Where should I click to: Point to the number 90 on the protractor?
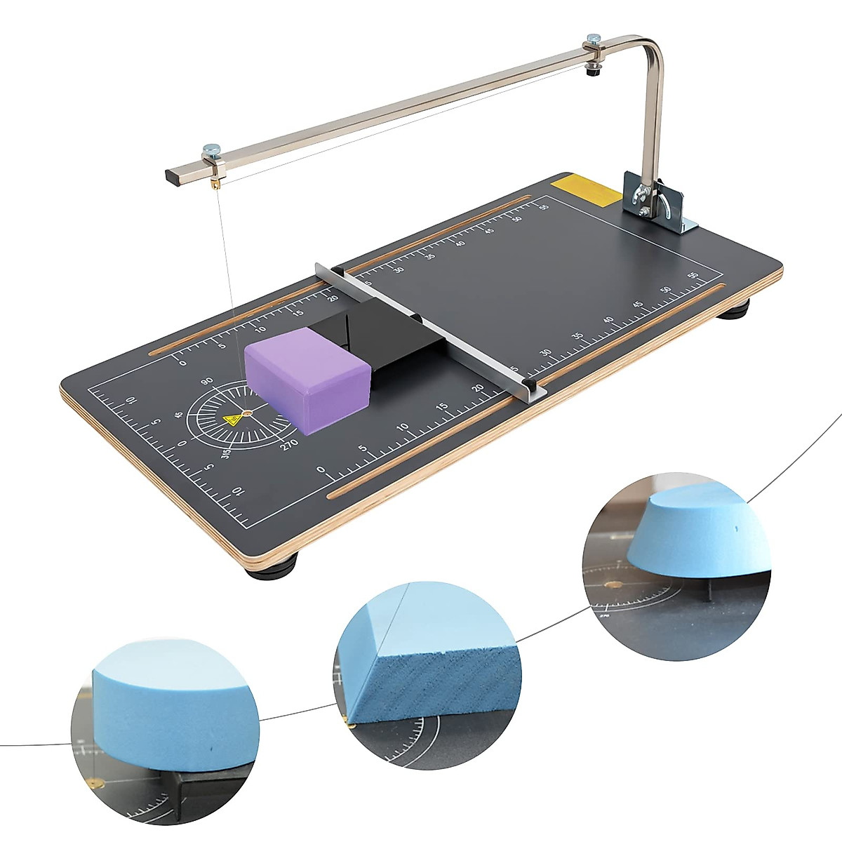click(x=206, y=382)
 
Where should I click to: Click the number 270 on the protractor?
click(x=288, y=443)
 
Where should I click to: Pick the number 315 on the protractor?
click(x=226, y=454)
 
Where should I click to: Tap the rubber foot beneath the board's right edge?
click(x=733, y=309)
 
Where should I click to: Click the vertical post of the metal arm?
click(x=653, y=119)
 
